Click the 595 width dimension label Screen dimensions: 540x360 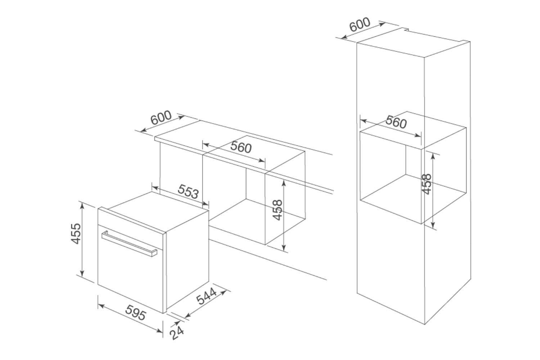[x=136, y=312]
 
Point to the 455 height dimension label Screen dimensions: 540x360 [x=76, y=233]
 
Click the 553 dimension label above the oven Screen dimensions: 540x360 [x=188, y=191]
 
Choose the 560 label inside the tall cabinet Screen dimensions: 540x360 [x=396, y=122]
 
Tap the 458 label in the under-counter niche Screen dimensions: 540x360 [x=277, y=210]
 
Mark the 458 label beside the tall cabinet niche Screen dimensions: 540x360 [x=426, y=184]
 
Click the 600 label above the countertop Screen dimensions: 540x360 [x=161, y=117]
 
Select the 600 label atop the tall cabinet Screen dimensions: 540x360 [x=360, y=24]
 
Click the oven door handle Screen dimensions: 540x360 [x=129, y=244]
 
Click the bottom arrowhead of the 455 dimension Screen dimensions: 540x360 [x=82, y=273]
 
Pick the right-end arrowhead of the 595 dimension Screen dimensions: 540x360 [x=159, y=331]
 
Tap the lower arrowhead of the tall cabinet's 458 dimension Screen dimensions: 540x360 [x=433, y=225]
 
